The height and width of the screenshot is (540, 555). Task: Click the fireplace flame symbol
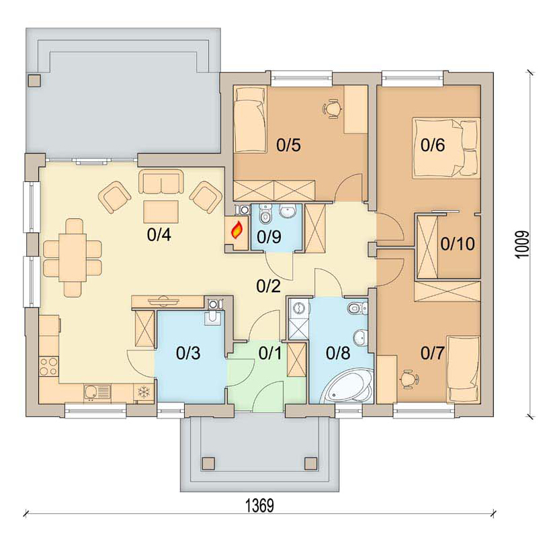tap(237, 230)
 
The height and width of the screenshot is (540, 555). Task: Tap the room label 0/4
tap(159, 234)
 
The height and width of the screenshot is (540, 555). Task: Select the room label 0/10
tap(458, 244)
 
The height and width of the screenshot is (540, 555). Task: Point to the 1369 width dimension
tap(260, 505)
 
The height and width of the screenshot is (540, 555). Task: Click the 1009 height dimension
tap(523, 244)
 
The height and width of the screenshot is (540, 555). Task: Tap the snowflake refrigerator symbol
tap(144, 392)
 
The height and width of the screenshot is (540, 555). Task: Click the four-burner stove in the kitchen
tap(48, 367)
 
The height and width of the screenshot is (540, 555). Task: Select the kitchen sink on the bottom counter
tap(97, 392)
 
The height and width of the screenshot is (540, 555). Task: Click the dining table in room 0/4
tap(73, 257)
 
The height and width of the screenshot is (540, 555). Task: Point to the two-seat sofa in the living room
tap(161, 181)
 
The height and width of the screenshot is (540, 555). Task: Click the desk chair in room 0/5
tap(333, 109)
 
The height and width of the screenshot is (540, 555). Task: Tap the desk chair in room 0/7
tap(409, 379)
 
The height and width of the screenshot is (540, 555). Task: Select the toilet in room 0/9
tap(265, 214)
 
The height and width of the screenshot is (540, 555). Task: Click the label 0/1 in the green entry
tap(270, 353)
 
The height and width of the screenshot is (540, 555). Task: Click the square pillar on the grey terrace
tap(35, 81)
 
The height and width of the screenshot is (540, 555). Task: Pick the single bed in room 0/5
tap(250, 120)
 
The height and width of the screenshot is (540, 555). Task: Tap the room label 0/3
tap(188, 353)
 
